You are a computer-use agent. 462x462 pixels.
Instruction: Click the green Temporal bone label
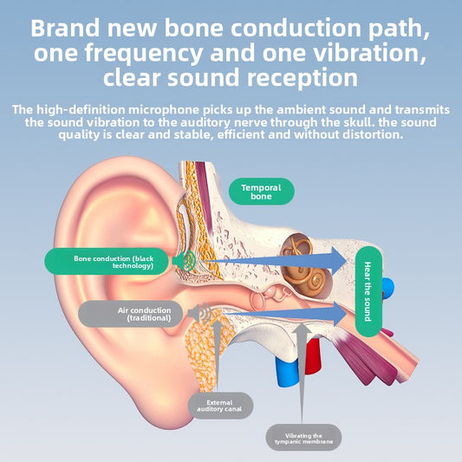tap(262, 192)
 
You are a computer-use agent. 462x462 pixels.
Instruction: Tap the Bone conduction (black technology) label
tap(107, 262)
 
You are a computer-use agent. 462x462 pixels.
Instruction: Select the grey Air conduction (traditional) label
tap(131, 314)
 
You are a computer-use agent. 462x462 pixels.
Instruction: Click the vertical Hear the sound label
tap(368, 291)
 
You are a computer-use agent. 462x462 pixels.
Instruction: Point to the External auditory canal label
tap(220, 406)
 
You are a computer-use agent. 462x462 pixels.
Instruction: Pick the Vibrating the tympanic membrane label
tap(303, 438)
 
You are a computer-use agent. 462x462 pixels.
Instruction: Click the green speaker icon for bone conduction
tap(184, 261)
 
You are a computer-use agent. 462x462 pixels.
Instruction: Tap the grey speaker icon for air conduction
tap(199, 313)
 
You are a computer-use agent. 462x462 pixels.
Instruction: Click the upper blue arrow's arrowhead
tap(339, 261)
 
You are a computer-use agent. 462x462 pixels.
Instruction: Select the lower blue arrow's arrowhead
tap(340, 314)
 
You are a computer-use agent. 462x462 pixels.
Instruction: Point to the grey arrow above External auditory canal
tap(218, 355)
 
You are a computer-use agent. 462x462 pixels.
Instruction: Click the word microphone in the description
tap(164, 110)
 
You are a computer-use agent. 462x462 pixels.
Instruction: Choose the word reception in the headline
tap(303, 78)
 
